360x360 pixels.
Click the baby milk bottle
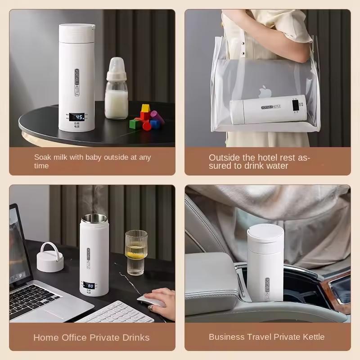click(117, 92)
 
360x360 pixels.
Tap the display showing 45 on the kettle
click(77, 117)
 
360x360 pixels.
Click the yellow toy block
click(145, 108)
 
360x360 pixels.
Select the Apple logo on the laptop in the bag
click(262, 93)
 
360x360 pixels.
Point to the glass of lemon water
click(136, 253)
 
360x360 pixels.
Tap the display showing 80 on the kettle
click(89, 285)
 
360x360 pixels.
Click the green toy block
click(135, 123)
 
